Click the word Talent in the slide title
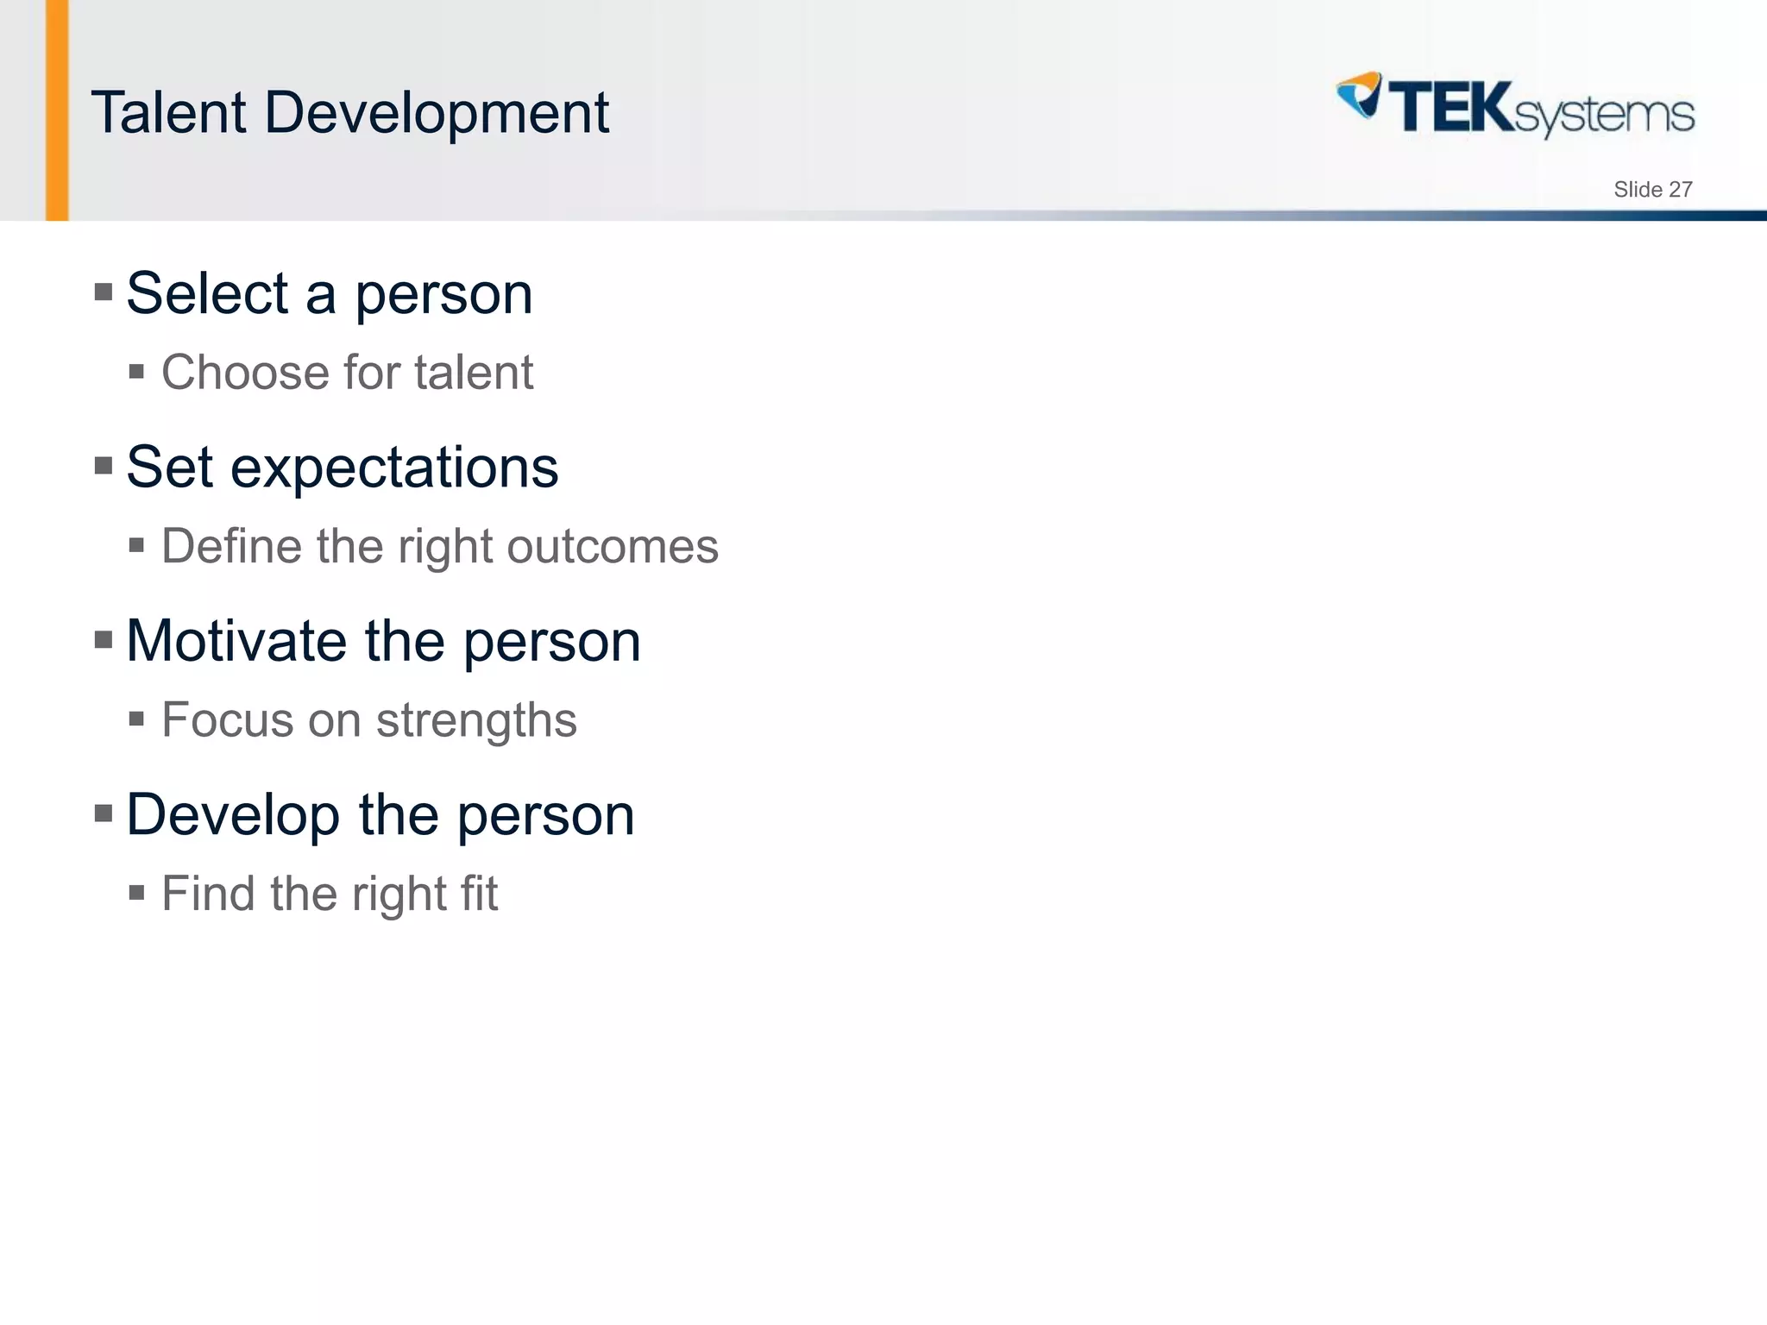tap(169, 113)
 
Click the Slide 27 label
tap(1652, 190)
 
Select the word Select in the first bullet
tap(207, 294)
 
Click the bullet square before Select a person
tap(104, 292)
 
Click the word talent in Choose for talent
tap(473, 373)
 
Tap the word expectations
tap(394, 468)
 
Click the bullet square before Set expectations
tap(104, 466)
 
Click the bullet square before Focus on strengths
tap(136, 719)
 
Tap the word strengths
tap(476, 721)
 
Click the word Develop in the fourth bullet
tap(233, 816)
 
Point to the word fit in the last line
tap(479, 894)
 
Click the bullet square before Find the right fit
tap(136, 892)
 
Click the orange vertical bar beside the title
tap(57, 110)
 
